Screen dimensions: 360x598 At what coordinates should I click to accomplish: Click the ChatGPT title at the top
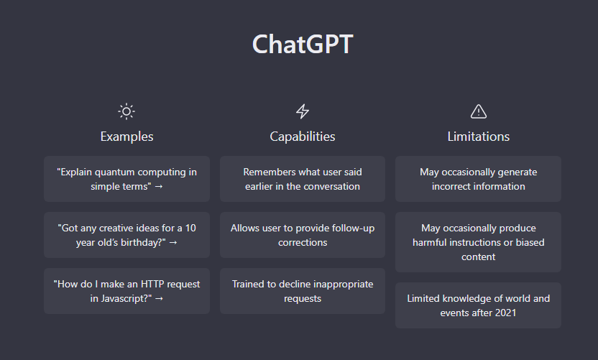coord(303,45)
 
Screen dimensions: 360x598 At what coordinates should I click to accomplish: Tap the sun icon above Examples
coord(126,111)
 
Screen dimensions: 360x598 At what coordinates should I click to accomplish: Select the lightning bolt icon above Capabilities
coord(303,111)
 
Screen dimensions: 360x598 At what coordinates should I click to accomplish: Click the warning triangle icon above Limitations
coord(478,111)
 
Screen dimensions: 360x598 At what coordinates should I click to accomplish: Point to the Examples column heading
coord(126,137)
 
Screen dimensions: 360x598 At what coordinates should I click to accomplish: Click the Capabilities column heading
coord(303,137)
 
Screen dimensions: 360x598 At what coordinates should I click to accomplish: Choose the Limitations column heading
coord(478,137)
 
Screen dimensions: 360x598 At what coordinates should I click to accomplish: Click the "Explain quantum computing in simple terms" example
coord(126,179)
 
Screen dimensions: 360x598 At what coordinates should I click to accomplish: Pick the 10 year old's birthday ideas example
coord(126,235)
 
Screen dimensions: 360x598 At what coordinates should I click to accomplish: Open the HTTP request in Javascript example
coord(126,291)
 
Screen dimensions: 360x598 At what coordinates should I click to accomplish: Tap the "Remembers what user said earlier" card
coord(303,179)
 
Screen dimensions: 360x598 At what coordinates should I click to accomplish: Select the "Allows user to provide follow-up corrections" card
coord(303,235)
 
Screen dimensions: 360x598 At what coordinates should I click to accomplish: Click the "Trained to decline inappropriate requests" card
coord(303,291)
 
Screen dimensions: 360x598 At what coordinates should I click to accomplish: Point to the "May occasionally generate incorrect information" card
coord(478,179)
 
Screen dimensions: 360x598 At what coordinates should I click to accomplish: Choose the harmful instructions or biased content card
coord(478,242)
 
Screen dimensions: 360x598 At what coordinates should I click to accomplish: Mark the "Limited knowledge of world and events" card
coord(478,305)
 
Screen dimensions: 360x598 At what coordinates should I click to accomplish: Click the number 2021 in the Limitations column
coord(505,313)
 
